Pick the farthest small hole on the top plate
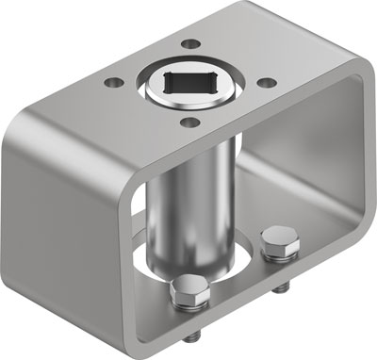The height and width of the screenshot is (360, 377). [192, 43]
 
